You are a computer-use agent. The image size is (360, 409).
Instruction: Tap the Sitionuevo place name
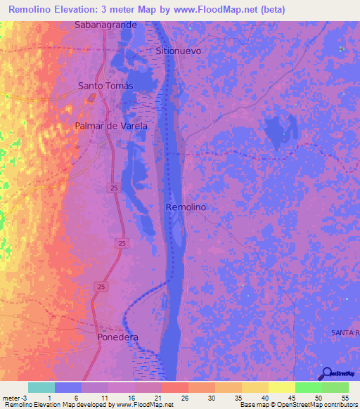[x=179, y=51]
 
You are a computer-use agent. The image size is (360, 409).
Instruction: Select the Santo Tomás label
[x=105, y=86]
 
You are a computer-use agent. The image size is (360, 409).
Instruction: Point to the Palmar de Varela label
[x=111, y=126]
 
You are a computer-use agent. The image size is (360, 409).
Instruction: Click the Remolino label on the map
[x=185, y=207]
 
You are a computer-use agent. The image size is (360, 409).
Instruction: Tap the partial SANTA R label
[x=345, y=331]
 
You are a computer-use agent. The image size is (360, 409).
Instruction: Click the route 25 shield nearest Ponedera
[x=101, y=287]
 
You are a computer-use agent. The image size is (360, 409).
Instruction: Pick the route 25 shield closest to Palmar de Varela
[x=113, y=187]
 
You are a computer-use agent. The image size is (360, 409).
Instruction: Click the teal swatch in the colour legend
[x=41, y=387]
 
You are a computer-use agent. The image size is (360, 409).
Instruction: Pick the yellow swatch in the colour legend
[x=281, y=387]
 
